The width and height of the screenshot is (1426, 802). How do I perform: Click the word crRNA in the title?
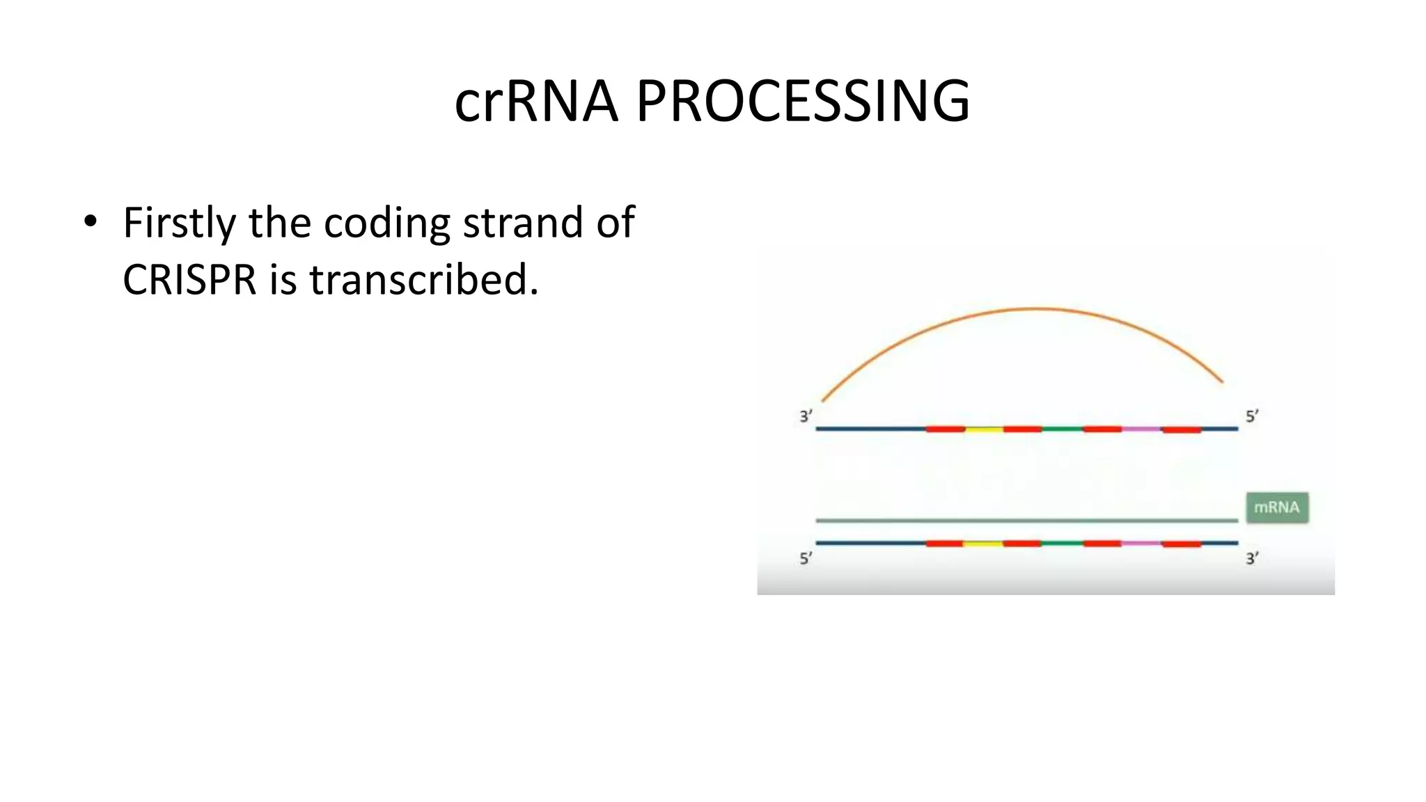click(535, 102)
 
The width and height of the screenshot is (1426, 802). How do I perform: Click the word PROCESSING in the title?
click(803, 102)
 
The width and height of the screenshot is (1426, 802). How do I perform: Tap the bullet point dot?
click(90, 222)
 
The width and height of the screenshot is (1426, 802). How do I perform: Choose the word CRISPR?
click(189, 280)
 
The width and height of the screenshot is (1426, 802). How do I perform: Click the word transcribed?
click(423, 280)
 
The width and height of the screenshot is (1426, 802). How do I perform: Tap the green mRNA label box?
click(1277, 508)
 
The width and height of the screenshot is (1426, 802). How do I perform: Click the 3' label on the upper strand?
click(806, 416)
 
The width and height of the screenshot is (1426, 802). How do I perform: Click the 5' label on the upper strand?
click(1252, 416)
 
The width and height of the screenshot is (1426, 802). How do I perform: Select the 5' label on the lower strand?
click(806, 558)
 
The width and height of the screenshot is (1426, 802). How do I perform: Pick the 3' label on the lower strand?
click(1252, 558)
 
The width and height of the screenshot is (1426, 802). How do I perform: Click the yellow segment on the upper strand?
click(984, 429)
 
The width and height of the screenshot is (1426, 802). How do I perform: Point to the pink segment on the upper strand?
click(1141, 429)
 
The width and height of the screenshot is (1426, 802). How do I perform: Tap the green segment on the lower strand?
click(1062, 543)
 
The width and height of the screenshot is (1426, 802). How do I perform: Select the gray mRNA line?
click(1026, 520)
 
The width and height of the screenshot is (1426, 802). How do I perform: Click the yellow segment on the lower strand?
click(982, 543)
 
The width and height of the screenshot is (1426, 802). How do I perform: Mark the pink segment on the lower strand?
click(1141, 543)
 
